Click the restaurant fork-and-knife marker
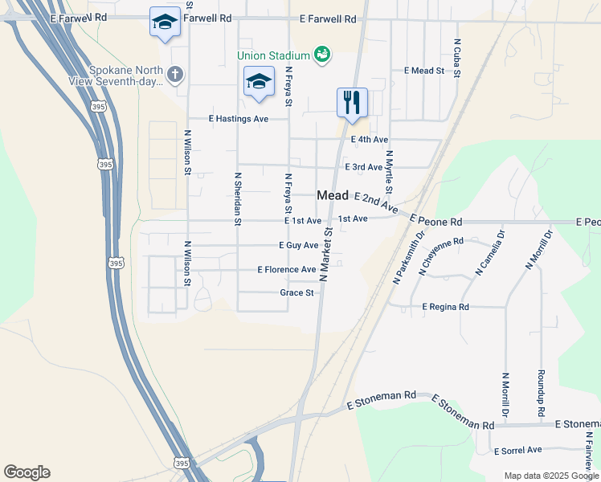pos(352,102)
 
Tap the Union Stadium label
pos(273,55)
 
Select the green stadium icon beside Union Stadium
pos(322,54)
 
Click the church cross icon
pos(175,75)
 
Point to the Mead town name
pos(333,195)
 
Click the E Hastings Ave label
pos(238,119)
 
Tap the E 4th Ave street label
pos(370,140)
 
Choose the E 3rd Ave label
pos(363,167)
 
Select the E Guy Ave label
pos(298,245)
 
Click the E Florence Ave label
pos(286,270)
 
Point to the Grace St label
pos(296,293)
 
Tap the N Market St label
pos(327,253)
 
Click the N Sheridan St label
pos(238,198)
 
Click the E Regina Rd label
pos(456,307)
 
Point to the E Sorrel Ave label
pos(518,451)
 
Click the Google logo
pos(27,472)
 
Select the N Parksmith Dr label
pos(409,259)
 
